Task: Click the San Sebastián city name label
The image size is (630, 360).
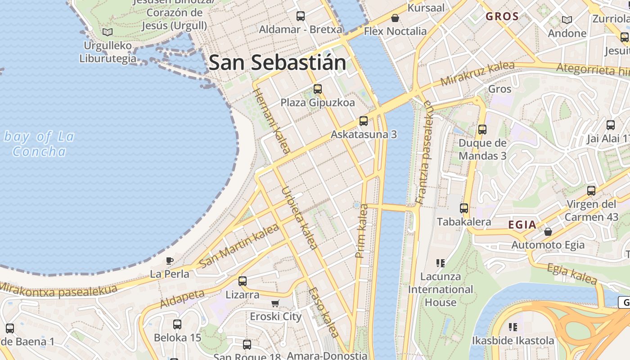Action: (x=278, y=63)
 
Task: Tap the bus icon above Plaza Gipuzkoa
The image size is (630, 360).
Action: (x=318, y=89)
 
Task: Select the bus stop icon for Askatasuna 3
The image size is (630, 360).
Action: (x=364, y=121)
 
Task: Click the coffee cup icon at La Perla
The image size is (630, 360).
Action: (x=170, y=261)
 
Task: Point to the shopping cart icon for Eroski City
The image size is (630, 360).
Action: (x=275, y=303)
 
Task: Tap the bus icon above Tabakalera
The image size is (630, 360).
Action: (x=464, y=208)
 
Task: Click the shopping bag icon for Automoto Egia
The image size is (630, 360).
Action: (x=548, y=232)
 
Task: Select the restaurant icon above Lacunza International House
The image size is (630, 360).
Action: (x=441, y=263)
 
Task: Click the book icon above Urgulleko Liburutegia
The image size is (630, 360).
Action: (x=107, y=32)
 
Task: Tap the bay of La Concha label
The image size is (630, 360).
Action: (x=39, y=144)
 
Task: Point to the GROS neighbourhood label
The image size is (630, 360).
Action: (x=502, y=17)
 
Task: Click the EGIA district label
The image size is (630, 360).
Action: (x=522, y=225)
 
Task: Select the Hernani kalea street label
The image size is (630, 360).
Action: (x=271, y=120)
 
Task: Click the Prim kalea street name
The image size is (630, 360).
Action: (x=362, y=231)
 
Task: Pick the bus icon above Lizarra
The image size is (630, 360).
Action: (x=243, y=281)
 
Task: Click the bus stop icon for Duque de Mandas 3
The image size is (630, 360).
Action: (x=482, y=130)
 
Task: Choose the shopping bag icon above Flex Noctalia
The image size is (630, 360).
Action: (x=395, y=18)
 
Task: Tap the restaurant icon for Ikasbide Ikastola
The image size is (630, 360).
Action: (x=513, y=327)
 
